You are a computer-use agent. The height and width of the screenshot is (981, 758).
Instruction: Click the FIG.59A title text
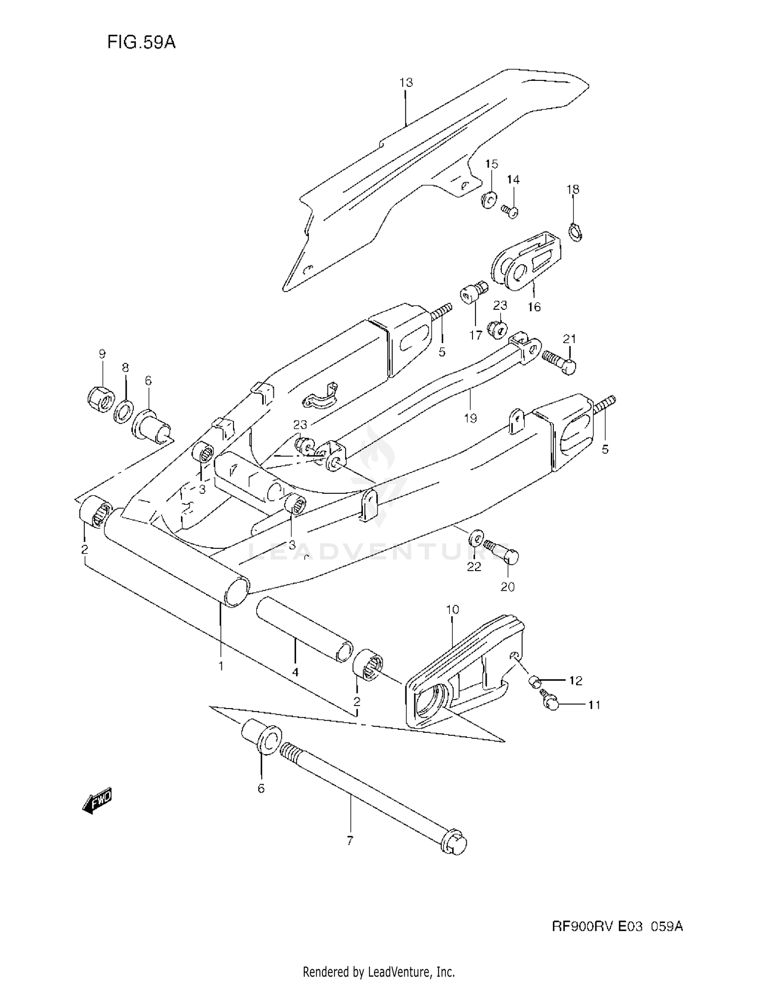(x=141, y=42)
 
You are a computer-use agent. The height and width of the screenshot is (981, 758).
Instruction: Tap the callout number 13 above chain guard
(x=406, y=82)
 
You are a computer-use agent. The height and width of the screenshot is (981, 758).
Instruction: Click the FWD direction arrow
(x=97, y=800)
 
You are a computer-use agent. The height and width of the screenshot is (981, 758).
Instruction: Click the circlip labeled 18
(x=576, y=231)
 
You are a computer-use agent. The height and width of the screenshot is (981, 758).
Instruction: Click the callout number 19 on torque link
(x=470, y=418)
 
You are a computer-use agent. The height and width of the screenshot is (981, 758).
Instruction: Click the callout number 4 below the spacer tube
(x=295, y=672)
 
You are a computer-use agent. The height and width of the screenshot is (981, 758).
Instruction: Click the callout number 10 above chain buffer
(x=452, y=610)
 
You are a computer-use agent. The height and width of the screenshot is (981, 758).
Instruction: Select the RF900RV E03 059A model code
(x=617, y=926)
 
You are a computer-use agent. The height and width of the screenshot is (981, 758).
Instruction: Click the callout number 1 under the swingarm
(x=221, y=666)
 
